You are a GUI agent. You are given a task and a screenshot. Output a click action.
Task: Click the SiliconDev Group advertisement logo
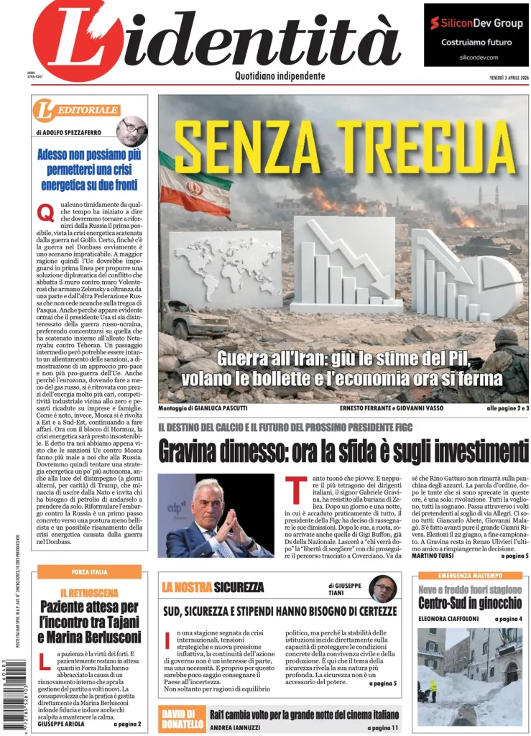pos(476,24)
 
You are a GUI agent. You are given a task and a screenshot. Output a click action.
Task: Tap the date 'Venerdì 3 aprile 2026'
pos(499,77)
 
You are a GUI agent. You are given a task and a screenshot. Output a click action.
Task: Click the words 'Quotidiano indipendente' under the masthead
pos(280,76)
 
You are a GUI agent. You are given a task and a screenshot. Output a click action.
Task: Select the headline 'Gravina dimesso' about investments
pos(343,450)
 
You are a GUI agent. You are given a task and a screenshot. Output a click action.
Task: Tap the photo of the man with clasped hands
pos(216,515)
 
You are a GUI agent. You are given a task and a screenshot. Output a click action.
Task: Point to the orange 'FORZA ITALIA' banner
pos(90,571)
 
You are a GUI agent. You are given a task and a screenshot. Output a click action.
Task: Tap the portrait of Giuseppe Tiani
pos(382,588)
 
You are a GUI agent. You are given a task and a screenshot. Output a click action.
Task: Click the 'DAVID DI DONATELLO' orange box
pos(182,719)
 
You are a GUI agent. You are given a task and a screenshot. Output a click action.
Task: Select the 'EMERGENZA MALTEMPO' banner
pos(470,576)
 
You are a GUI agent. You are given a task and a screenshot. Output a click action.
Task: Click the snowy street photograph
pos(470,677)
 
